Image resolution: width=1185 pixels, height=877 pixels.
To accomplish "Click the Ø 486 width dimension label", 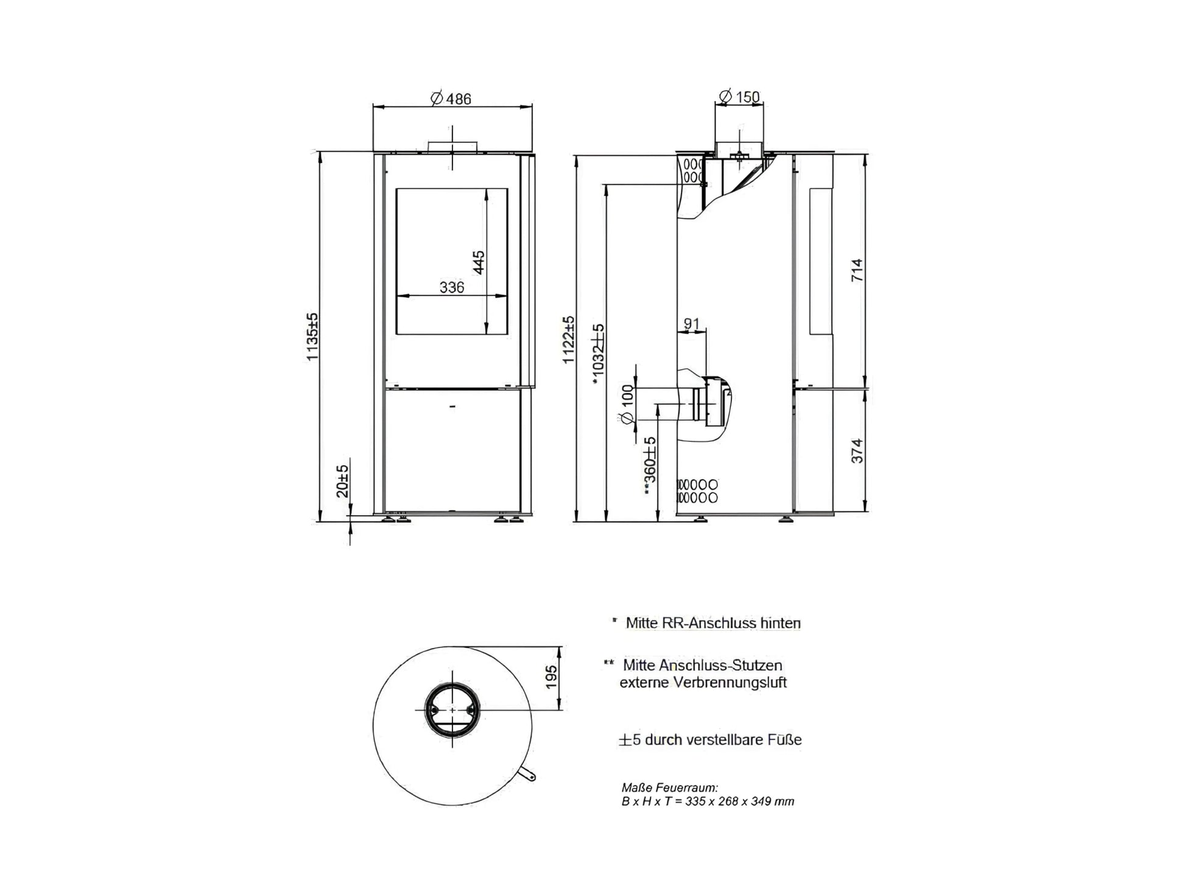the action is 451,99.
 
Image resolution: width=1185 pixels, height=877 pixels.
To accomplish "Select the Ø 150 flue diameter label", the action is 739,97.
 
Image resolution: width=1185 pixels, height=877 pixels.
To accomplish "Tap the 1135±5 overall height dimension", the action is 312,337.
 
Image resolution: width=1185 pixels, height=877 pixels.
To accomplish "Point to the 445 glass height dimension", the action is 479,262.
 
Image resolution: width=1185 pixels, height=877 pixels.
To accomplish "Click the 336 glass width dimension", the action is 452,287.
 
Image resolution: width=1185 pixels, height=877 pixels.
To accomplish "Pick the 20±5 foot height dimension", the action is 343,481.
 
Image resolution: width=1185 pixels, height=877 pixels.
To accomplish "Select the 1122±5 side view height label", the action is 568,340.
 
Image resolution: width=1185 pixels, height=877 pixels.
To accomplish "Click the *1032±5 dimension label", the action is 598,355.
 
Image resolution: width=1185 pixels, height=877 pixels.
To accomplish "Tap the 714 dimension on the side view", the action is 857,270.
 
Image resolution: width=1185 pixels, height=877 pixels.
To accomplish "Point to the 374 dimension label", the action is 857,451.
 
